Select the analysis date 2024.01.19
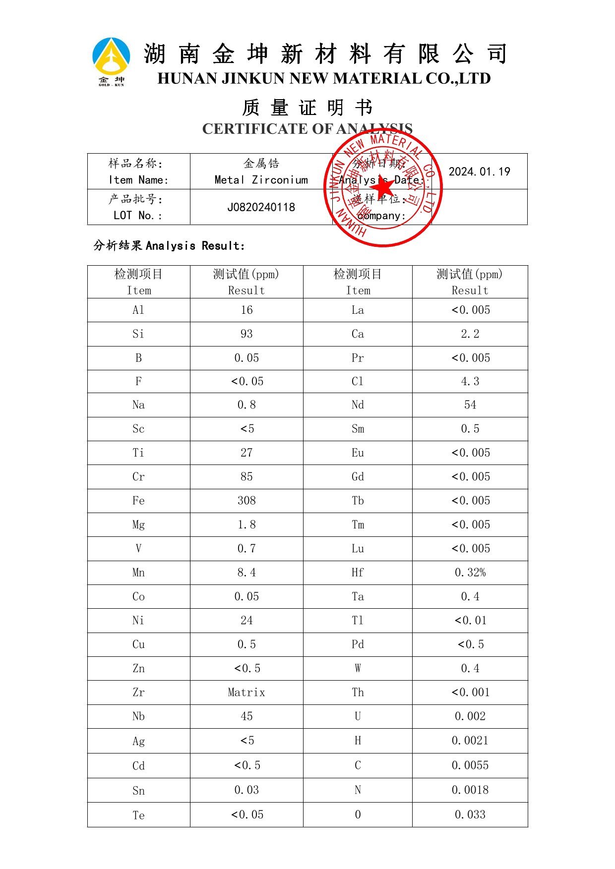(x=479, y=172)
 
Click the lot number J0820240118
(x=261, y=207)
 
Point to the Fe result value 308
(x=246, y=501)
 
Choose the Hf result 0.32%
(x=470, y=573)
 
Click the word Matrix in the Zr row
(x=246, y=692)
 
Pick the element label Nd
(x=358, y=405)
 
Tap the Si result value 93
(x=246, y=334)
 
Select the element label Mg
(x=138, y=525)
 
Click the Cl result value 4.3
(x=470, y=382)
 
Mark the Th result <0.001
(x=470, y=692)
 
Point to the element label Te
(x=138, y=815)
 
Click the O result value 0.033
(x=470, y=814)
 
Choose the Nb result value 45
(x=246, y=716)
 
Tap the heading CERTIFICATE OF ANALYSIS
(x=307, y=129)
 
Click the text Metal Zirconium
(x=261, y=180)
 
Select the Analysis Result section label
(x=169, y=245)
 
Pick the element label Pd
(x=358, y=644)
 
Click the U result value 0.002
(x=470, y=716)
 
